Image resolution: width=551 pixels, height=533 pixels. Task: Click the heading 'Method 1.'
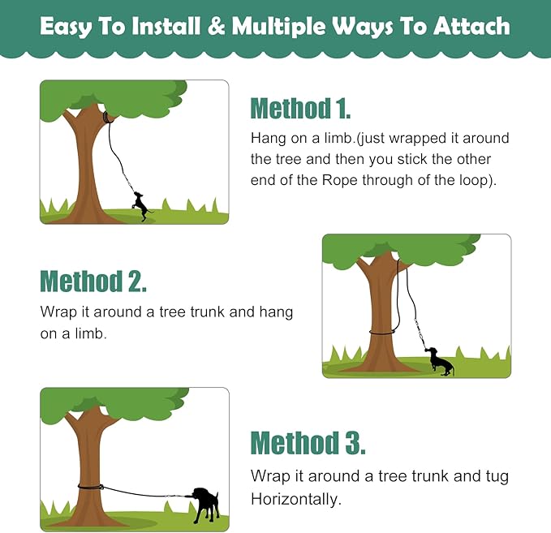[300, 108]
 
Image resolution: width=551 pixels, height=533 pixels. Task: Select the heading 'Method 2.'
[93, 281]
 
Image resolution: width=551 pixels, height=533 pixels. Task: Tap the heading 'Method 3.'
[308, 443]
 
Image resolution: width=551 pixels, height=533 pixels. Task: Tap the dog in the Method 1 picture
[143, 205]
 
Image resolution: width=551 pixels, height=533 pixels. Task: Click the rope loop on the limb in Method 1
[107, 118]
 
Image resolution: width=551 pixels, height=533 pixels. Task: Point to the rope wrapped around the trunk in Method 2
[382, 331]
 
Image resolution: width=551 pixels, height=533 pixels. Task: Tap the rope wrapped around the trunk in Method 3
[90, 487]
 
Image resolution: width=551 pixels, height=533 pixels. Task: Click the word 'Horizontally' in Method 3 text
[294, 497]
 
